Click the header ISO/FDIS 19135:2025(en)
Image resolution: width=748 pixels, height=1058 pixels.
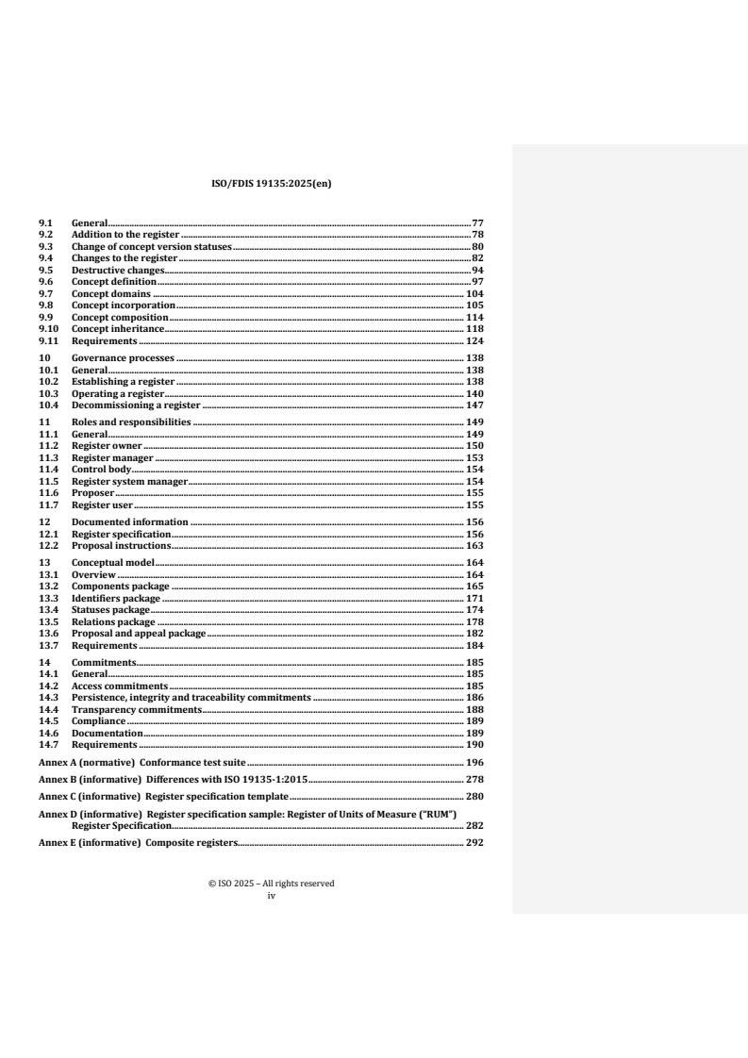pyautogui.click(x=271, y=185)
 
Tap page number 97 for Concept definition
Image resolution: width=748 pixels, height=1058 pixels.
pyautogui.click(x=477, y=282)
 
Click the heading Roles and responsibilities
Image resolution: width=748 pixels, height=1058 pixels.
pyautogui.click(x=131, y=422)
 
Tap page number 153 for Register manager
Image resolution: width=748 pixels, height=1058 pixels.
pyautogui.click(x=474, y=457)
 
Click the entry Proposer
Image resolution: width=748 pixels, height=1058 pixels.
pyautogui.click(x=92, y=492)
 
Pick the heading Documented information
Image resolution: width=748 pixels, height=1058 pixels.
pyautogui.click(x=130, y=521)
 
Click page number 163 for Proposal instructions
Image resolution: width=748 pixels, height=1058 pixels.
pyautogui.click(x=474, y=545)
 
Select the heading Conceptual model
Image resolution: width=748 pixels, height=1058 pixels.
pyautogui.click(x=112, y=562)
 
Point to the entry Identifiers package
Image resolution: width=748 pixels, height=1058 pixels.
pyautogui.click(x=116, y=598)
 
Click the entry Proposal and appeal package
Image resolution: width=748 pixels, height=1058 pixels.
pyautogui.click(x=139, y=634)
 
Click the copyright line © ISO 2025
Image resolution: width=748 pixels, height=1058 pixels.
pyautogui.click(x=271, y=884)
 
